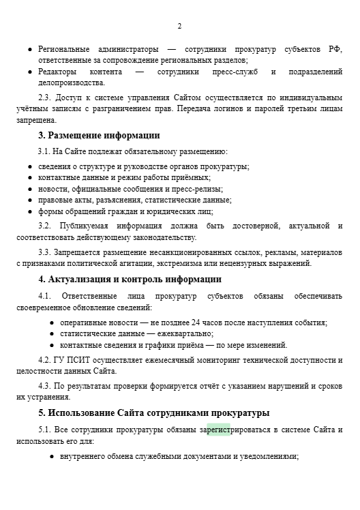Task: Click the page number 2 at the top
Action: [179, 26]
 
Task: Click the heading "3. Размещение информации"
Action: [99, 135]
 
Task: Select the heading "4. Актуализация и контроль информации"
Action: [130, 279]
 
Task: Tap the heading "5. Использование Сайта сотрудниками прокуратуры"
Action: [154, 412]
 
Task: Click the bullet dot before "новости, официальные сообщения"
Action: [30, 189]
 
